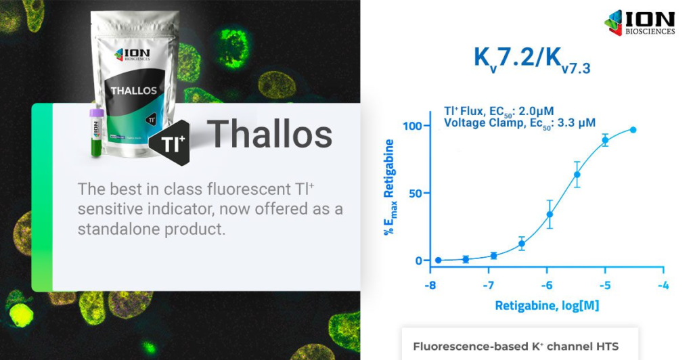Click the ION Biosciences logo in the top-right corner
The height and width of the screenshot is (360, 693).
(640, 22)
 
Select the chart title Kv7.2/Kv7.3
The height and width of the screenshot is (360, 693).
(532, 59)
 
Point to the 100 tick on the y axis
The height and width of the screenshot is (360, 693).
(412, 126)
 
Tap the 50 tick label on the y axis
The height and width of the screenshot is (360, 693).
(416, 194)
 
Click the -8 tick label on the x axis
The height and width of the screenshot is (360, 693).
(430, 286)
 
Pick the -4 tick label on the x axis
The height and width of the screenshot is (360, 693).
(663, 286)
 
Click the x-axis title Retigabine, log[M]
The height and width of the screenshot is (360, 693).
(547, 306)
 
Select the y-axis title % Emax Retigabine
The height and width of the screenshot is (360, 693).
(389, 187)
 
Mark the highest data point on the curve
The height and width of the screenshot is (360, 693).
(633, 130)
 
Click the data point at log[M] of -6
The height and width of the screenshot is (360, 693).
(550, 215)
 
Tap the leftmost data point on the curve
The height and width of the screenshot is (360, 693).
(438, 261)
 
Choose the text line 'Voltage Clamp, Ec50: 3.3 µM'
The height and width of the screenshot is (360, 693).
(520, 123)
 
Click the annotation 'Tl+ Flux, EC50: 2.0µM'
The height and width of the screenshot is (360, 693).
(499, 111)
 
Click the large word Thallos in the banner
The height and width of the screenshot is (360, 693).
(269, 134)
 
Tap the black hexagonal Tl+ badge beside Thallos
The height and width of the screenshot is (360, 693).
(170, 143)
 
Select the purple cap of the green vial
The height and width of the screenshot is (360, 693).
(96, 113)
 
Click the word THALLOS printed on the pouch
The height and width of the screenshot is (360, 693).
(134, 91)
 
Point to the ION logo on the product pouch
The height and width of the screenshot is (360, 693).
(132, 55)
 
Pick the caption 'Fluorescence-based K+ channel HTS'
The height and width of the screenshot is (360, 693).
(516, 346)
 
